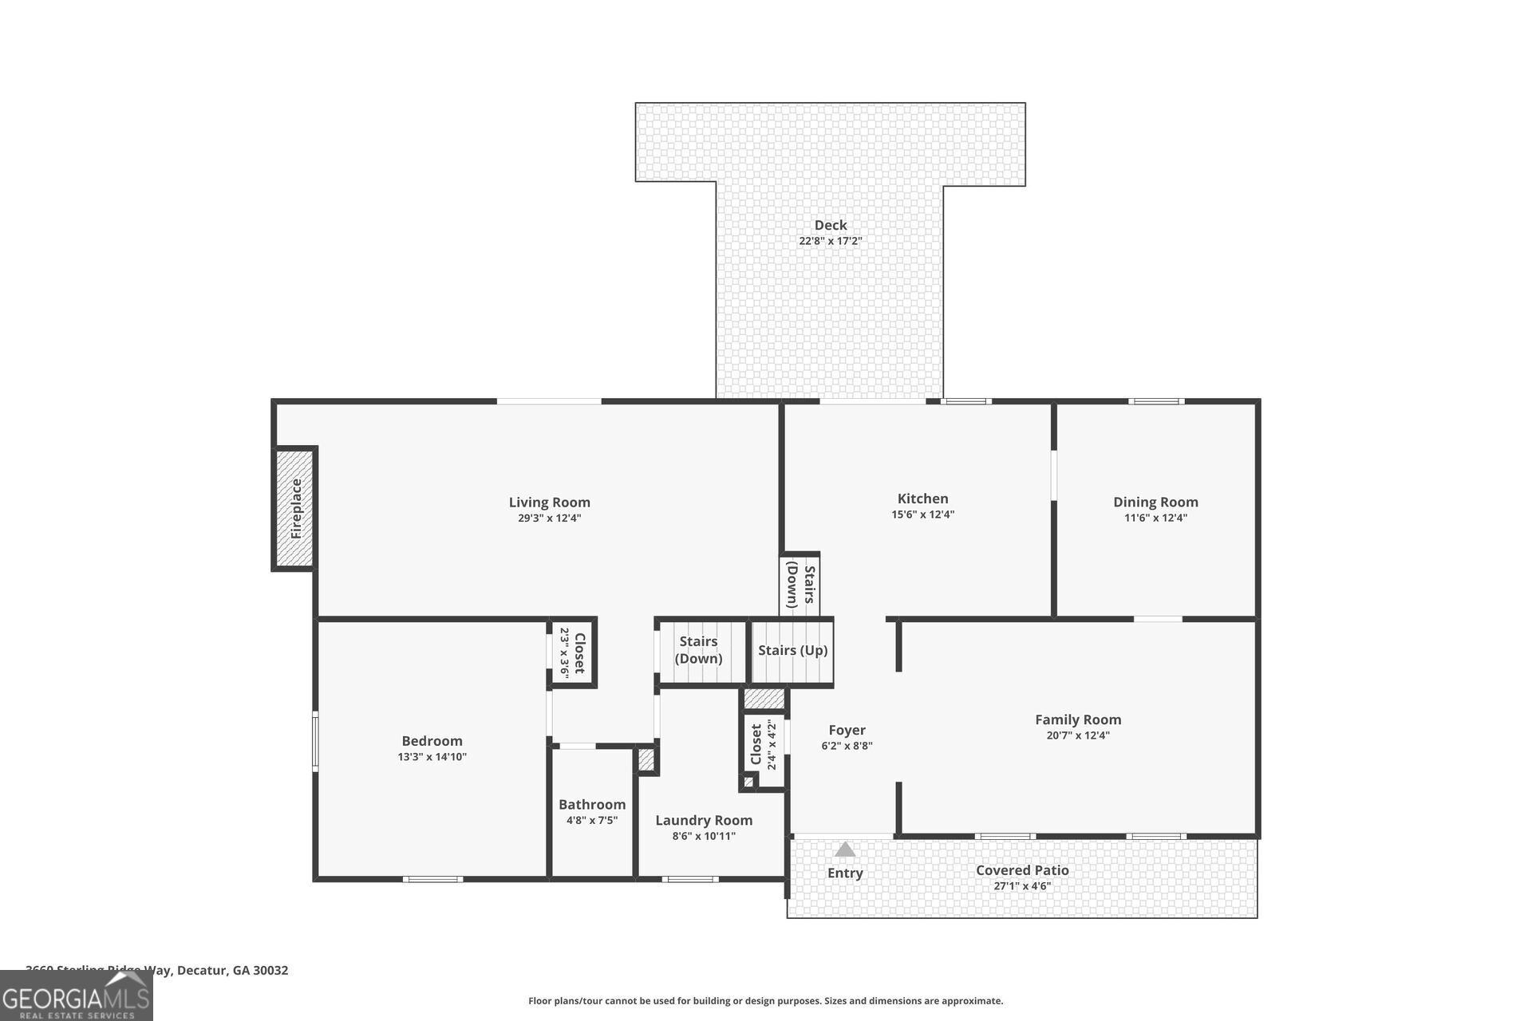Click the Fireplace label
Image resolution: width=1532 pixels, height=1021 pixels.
click(296, 509)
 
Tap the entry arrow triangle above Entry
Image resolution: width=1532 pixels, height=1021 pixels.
click(845, 850)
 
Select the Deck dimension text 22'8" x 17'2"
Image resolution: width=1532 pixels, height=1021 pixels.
click(831, 241)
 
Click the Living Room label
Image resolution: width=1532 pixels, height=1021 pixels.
click(549, 502)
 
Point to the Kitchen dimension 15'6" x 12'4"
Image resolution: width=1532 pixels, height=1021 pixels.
click(922, 514)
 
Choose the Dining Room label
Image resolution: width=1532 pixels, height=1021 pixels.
click(1155, 502)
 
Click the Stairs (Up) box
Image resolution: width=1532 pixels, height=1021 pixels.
click(792, 651)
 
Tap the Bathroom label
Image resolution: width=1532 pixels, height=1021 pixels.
click(592, 804)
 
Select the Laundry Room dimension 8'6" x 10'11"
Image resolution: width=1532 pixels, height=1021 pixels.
click(704, 836)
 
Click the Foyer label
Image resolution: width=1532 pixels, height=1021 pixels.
click(847, 730)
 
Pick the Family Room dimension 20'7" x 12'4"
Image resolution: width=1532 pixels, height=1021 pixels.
click(1078, 735)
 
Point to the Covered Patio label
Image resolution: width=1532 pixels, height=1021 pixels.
click(1022, 870)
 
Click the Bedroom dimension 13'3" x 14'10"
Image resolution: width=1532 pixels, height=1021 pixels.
click(432, 757)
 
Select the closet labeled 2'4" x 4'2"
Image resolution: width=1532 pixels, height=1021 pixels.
click(763, 745)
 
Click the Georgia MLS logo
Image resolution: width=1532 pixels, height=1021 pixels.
click(76, 998)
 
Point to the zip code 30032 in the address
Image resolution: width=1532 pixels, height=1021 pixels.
click(270, 971)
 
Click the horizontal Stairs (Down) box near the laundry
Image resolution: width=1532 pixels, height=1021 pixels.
click(699, 651)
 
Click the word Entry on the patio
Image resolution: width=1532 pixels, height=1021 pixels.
click(845, 873)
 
